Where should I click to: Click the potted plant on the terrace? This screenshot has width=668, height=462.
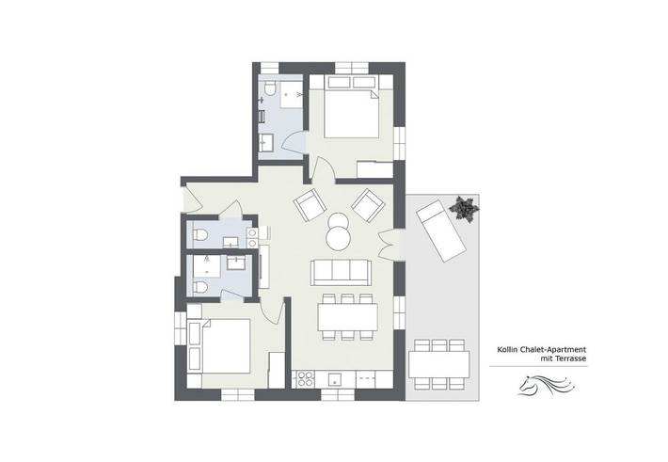coord(462,207)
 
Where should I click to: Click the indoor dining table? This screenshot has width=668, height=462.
coord(347,317)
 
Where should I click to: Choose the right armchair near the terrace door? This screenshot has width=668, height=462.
coord(367,203)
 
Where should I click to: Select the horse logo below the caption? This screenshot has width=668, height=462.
coord(542,386)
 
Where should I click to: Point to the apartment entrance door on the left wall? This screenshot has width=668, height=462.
coord(191,199)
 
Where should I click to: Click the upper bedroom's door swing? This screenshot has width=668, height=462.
coord(322,169)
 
